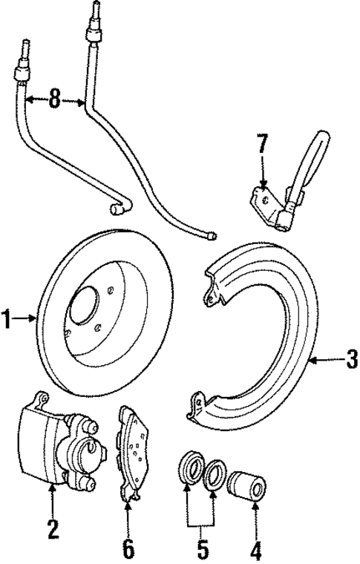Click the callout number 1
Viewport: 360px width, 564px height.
click(7, 321)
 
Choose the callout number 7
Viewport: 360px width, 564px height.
click(261, 144)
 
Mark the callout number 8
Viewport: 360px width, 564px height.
click(54, 99)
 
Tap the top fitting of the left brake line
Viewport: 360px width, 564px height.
click(20, 72)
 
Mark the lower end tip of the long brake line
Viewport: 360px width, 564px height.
click(213, 236)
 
